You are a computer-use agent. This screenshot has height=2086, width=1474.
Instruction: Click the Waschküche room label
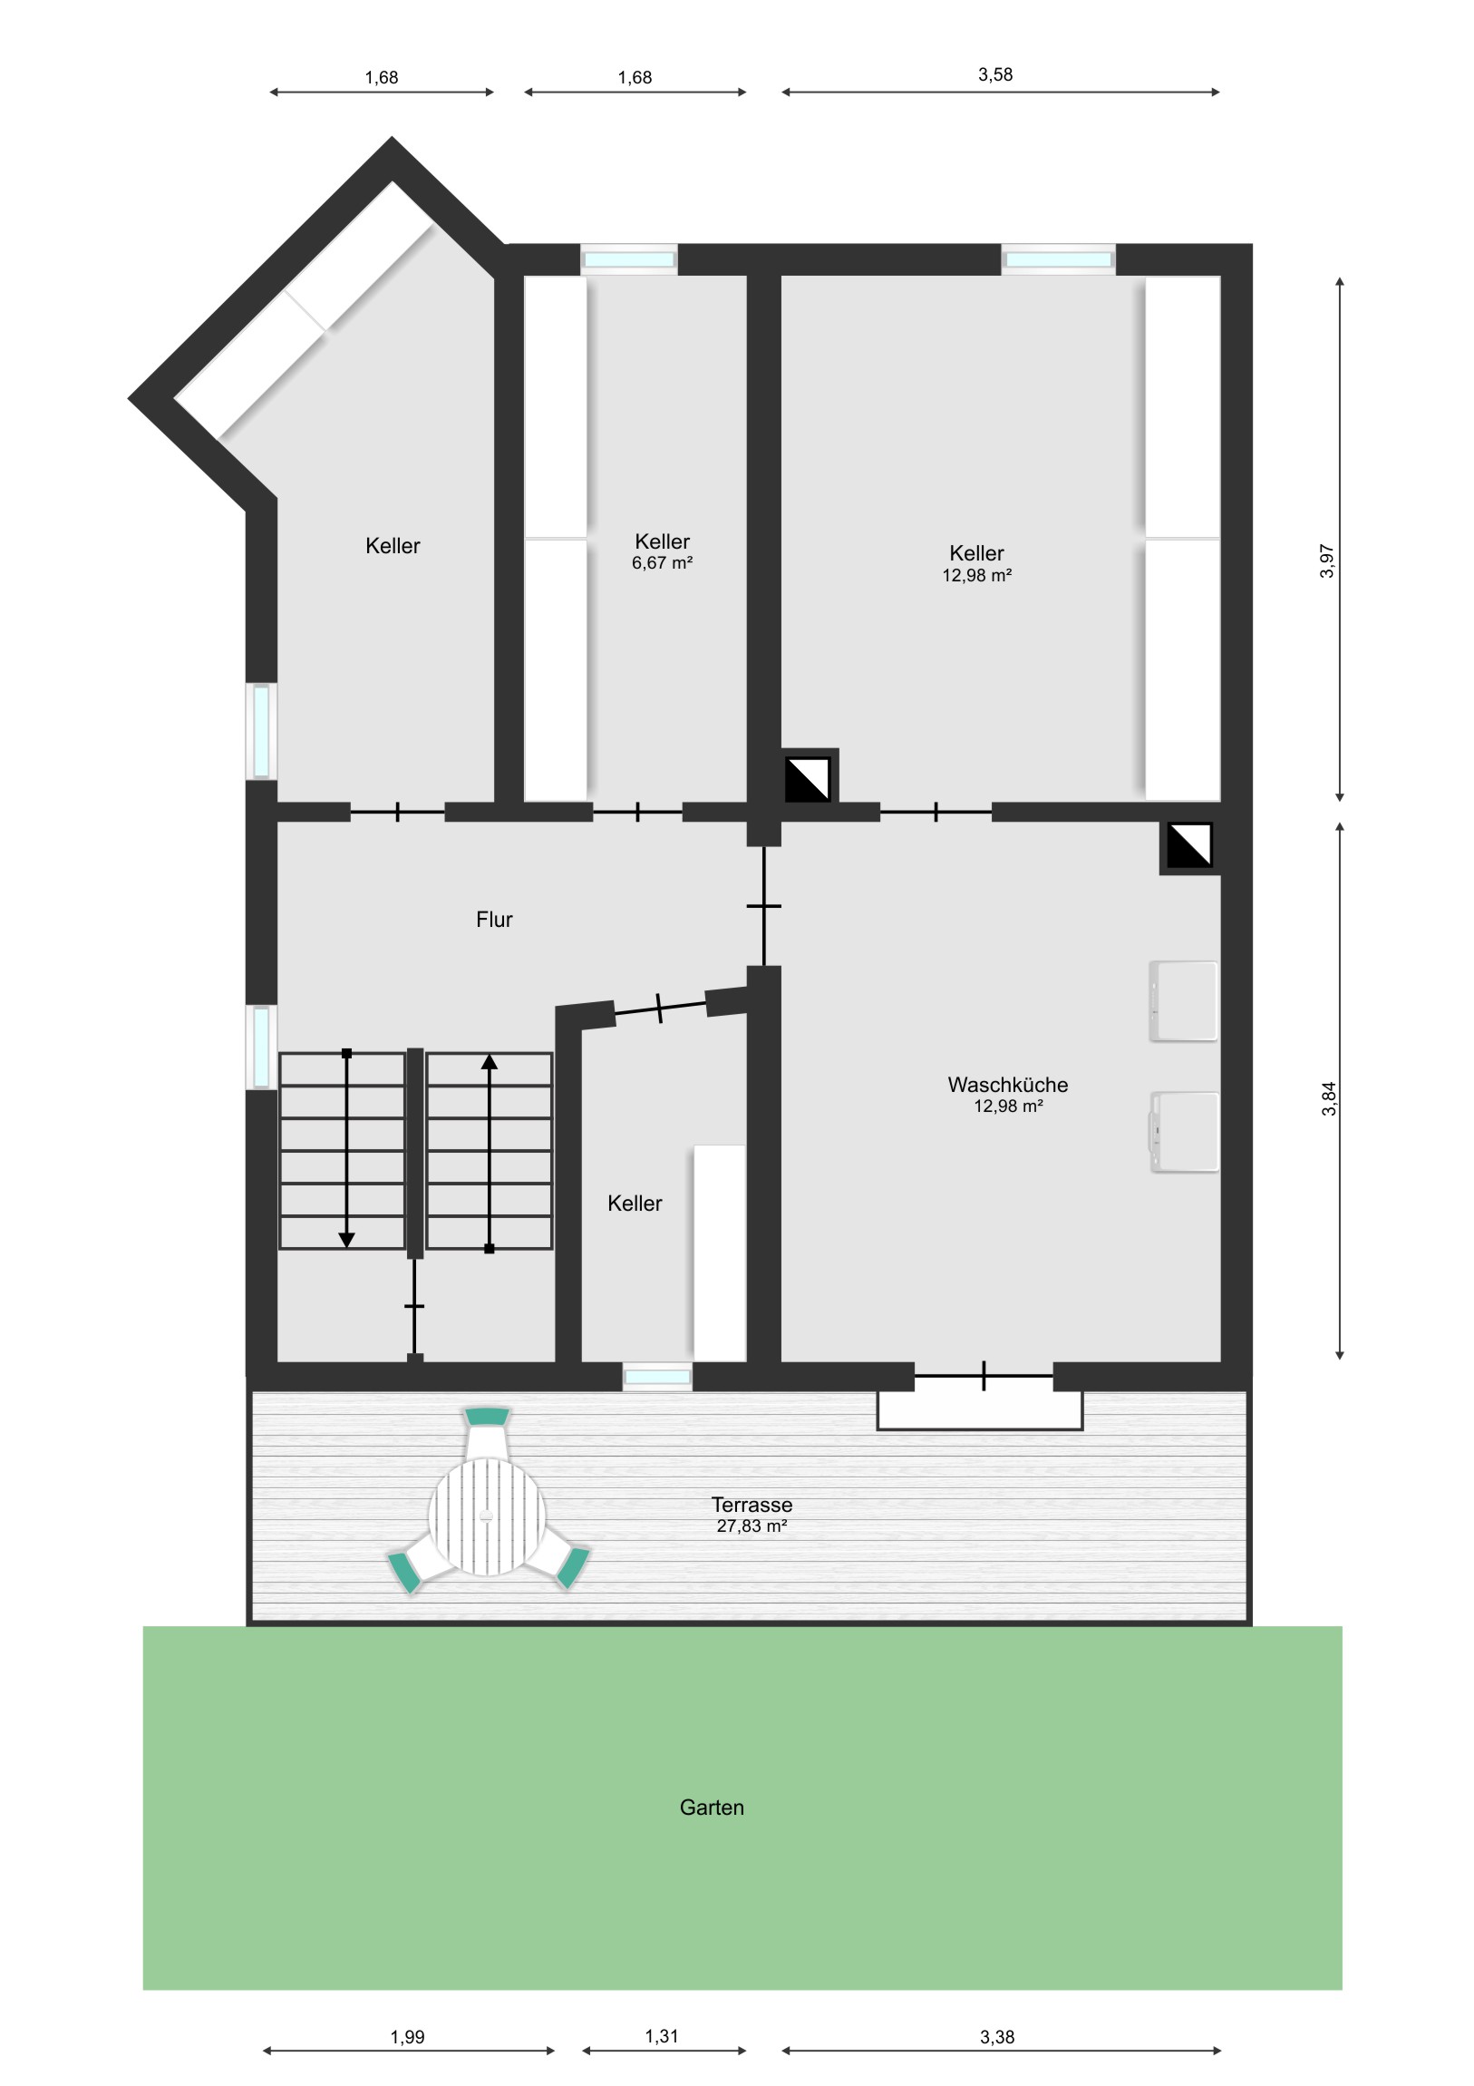coord(1007,1085)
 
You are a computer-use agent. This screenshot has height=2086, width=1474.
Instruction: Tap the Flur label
coord(494,920)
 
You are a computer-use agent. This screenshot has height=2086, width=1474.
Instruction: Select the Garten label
coord(712,1807)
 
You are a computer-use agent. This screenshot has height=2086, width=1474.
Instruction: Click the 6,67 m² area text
coord(662,563)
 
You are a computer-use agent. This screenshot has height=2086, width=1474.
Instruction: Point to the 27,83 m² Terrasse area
coord(752,1526)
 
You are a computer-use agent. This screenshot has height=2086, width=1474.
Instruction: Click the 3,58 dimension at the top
coord(995,74)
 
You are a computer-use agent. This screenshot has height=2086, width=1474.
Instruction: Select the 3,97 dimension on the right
coord(1328,560)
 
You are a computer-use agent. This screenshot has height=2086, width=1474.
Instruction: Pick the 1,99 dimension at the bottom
coord(408,2037)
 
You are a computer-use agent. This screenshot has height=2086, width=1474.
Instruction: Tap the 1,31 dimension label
coord(662,2036)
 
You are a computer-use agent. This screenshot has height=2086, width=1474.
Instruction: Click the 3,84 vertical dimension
coord(1329,1098)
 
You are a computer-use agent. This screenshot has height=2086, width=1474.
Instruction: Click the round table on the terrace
coord(488,1516)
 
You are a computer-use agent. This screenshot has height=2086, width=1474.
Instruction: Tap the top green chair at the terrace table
coord(487,1417)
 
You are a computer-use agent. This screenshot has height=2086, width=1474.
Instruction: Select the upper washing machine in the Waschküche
coord(1183,1001)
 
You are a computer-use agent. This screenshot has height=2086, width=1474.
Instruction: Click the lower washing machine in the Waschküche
coord(1184,1132)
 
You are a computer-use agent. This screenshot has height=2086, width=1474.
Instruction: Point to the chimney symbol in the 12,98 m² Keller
coord(808,778)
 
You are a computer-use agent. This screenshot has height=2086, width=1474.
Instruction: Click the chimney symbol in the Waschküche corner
coord(1188,846)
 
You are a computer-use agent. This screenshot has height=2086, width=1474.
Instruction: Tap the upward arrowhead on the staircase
coord(490,1061)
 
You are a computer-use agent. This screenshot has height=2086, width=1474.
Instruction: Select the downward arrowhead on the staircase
coord(346,1240)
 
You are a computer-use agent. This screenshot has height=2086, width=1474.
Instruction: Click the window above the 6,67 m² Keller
coord(629,259)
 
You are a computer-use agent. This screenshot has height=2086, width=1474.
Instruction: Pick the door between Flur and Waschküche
coord(764,906)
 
